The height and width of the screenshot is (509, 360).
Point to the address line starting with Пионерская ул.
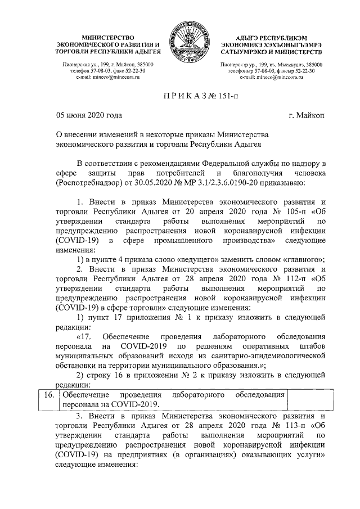[x=107, y=65]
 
